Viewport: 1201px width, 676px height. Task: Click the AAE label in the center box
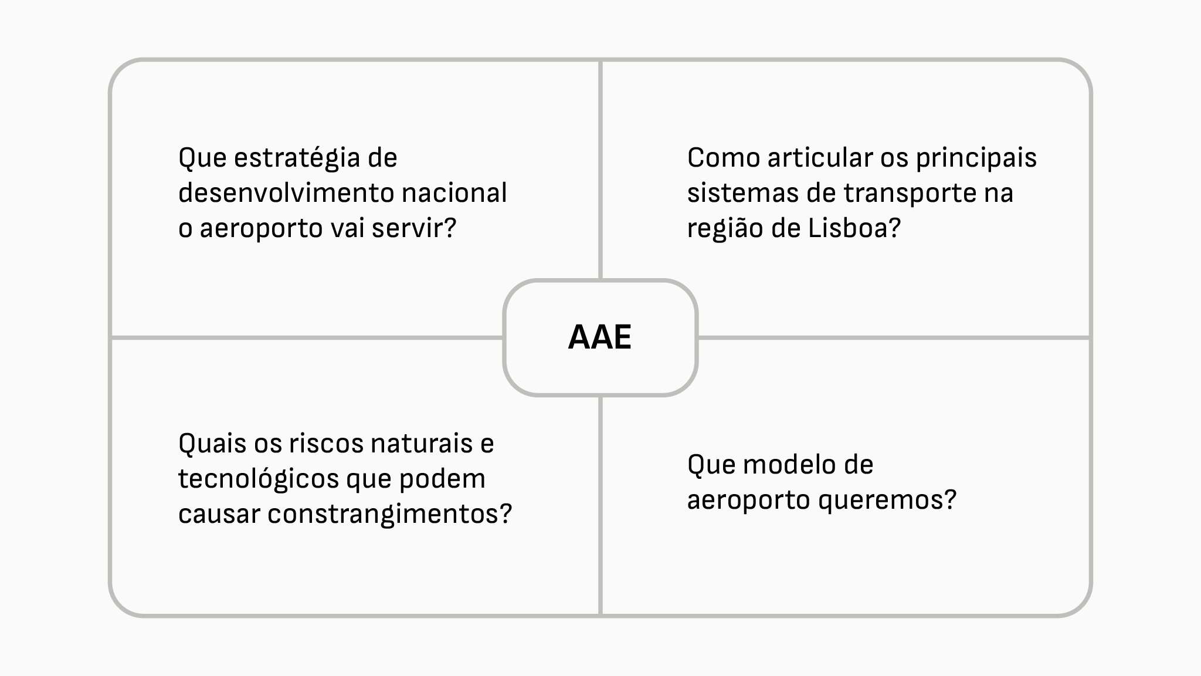[x=600, y=337]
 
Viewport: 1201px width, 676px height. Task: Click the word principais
[x=976, y=159]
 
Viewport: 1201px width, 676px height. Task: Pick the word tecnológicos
[x=258, y=480]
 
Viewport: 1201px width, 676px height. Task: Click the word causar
[x=219, y=515]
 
